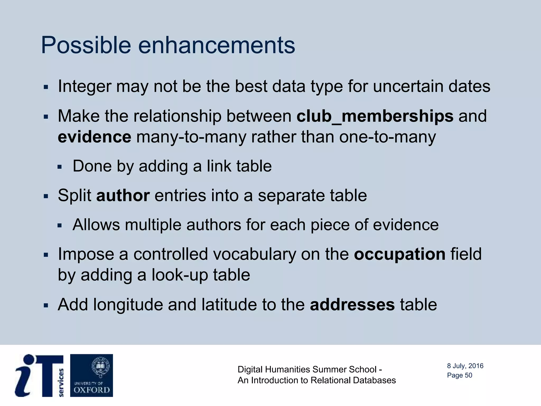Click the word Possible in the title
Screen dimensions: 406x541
click(86, 45)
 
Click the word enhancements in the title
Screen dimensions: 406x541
click(216, 45)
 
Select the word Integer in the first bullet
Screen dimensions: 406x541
click(84, 86)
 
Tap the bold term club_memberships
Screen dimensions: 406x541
click(375, 116)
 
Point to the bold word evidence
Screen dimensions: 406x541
click(94, 137)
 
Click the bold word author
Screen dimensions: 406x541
click(123, 196)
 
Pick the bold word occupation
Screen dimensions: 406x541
click(400, 254)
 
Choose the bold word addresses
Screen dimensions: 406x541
click(352, 305)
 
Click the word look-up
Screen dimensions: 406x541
click(180, 275)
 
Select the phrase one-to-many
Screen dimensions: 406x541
click(387, 137)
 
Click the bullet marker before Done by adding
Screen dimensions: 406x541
click(59, 167)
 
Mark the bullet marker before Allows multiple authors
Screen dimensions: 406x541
click(59, 226)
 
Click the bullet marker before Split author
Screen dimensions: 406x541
click(46, 196)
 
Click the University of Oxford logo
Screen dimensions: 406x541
click(91, 375)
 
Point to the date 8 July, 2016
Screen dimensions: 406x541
click(465, 366)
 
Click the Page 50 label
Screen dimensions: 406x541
click(459, 375)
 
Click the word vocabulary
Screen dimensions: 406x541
click(254, 254)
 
